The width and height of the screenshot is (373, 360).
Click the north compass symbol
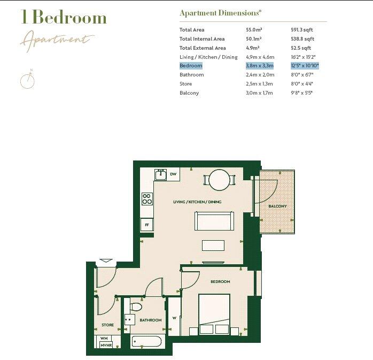[x=27, y=80]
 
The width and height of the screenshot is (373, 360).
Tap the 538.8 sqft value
[x=302, y=39]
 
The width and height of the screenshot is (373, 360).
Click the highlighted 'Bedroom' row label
[x=191, y=66]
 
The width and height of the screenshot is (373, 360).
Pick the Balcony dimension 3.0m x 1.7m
[x=259, y=93]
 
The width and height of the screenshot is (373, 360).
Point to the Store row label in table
[x=185, y=84]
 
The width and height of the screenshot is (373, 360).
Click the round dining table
[x=219, y=180]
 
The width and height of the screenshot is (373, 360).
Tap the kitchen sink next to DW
[x=160, y=174]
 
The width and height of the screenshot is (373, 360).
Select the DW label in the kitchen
[x=173, y=174]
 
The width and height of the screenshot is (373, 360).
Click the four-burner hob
[x=147, y=199]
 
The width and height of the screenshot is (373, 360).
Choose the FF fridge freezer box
[x=147, y=225]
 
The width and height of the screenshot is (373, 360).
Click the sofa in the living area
[x=214, y=221]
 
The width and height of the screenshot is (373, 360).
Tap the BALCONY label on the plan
[x=277, y=206]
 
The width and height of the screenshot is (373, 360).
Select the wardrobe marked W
[x=174, y=317]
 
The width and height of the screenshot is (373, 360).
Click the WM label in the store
[x=104, y=338]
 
